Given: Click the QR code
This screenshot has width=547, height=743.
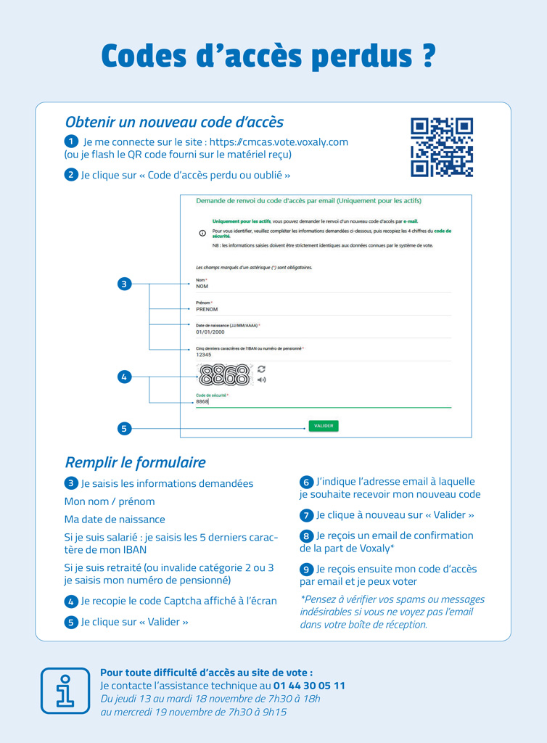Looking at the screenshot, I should [x=442, y=147].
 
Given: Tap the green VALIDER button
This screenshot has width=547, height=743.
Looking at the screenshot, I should [x=324, y=426].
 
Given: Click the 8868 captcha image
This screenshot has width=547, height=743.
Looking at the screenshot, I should [x=224, y=374].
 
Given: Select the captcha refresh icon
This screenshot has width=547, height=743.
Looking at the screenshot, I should [x=261, y=369].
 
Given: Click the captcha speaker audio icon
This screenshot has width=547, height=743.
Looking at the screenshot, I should [x=261, y=379].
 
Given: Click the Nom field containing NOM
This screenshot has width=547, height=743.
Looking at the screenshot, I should [x=202, y=287].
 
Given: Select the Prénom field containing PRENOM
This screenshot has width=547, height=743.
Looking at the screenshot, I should [x=207, y=309].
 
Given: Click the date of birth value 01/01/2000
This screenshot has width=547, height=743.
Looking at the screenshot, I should [x=210, y=332].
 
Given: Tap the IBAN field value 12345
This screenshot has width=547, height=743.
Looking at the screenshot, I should [x=204, y=355].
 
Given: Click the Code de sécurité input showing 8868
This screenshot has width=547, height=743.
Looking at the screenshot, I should [x=202, y=401].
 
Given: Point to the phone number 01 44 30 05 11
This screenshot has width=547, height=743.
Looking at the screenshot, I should [x=309, y=686].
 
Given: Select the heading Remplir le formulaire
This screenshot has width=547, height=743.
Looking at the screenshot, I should [x=135, y=462].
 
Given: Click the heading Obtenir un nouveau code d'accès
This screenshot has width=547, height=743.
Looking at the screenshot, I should [x=174, y=122].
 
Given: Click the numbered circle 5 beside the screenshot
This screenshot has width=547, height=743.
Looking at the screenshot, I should [x=124, y=428].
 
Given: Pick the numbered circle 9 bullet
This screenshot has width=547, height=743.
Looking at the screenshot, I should [x=307, y=570].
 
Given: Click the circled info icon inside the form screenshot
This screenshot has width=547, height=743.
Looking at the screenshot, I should [x=202, y=233].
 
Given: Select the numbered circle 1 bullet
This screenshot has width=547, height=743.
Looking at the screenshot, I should [x=71, y=141].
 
